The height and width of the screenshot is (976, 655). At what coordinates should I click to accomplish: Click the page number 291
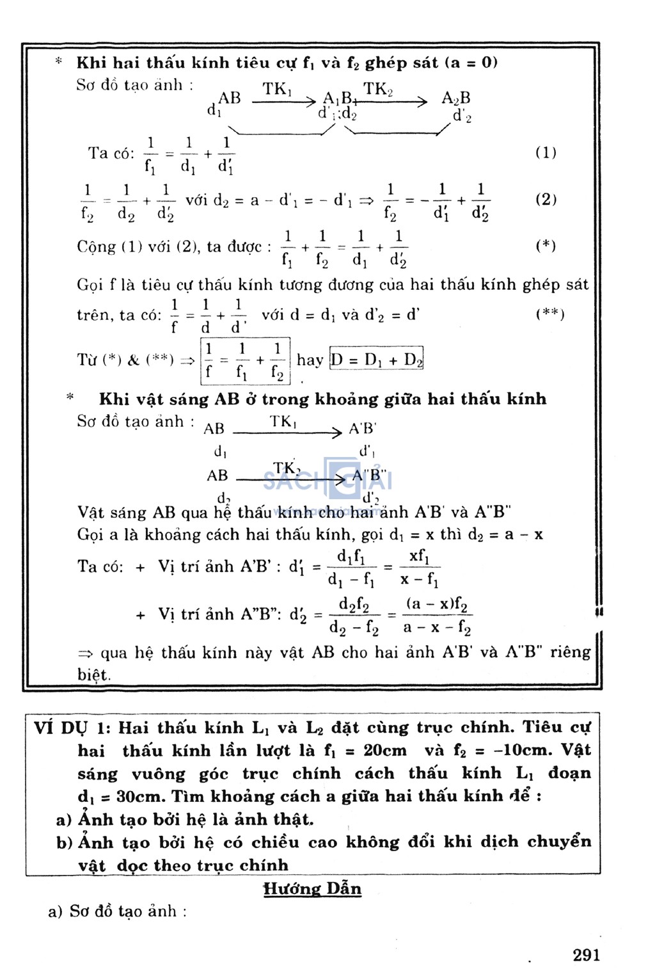click(x=587, y=956)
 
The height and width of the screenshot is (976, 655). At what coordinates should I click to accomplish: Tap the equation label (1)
click(x=546, y=152)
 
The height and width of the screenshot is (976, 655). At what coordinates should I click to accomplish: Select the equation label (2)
click(x=546, y=199)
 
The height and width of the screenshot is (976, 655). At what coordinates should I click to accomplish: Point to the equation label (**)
click(x=549, y=314)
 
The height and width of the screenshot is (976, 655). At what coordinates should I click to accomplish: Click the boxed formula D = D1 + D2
click(x=377, y=359)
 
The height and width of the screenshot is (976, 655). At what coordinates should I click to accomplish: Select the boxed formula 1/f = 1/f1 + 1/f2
click(x=245, y=361)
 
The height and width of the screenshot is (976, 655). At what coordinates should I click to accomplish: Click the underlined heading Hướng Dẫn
click(x=312, y=888)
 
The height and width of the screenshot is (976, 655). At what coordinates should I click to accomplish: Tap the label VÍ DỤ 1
click(x=72, y=728)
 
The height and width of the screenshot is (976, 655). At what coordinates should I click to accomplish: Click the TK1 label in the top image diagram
click(x=277, y=90)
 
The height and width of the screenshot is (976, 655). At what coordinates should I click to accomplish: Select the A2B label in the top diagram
click(x=455, y=98)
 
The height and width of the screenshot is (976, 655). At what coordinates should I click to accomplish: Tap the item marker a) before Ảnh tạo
click(x=63, y=820)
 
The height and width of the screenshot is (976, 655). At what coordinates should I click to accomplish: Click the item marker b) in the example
click(x=64, y=843)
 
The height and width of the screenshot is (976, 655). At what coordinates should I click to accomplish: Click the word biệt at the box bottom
click(x=94, y=675)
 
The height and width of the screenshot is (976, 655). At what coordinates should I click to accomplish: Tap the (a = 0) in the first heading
click(x=471, y=63)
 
